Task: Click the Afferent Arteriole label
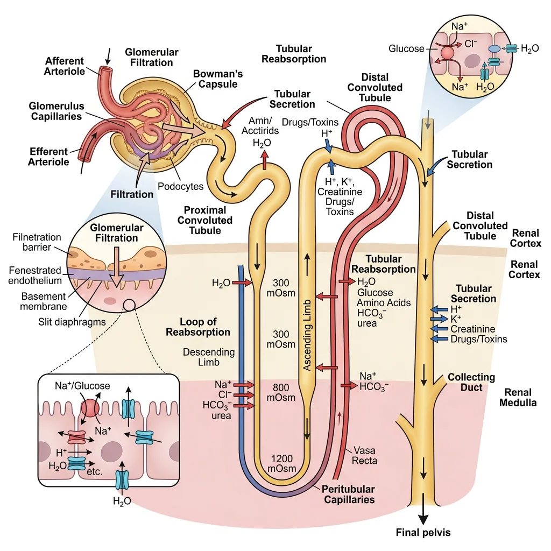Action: coord(65,67)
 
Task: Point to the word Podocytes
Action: coord(181,186)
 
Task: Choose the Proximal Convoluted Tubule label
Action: coord(205,220)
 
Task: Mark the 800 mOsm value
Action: coord(281,393)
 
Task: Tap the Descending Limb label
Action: coord(201,357)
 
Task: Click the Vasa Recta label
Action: coord(365,455)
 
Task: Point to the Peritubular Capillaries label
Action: coord(348,495)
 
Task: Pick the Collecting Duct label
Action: coord(471,382)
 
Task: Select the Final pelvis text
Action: coord(423,533)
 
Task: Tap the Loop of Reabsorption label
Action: coord(197,327)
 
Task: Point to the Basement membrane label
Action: coord(44,301)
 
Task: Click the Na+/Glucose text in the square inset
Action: coord(82,386)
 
